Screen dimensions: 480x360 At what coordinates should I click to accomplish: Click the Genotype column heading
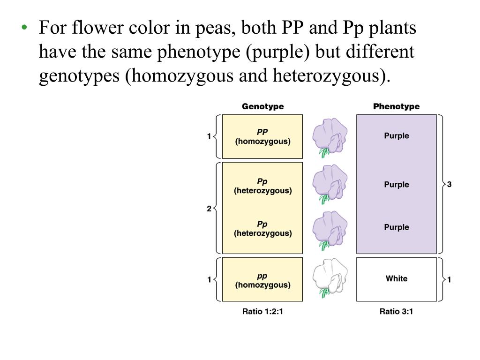click(262, 106)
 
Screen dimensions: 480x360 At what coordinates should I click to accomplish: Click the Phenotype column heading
click(396, 106)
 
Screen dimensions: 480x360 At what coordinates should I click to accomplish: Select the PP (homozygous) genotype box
click(262, 136)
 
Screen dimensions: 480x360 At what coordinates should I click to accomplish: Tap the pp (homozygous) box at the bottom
click(262, 280)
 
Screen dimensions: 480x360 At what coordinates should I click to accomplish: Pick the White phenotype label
click(397, 278)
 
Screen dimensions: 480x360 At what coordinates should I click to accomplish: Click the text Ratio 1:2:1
click(262, 311)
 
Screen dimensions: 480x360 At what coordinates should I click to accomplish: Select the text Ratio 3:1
click(396, 311)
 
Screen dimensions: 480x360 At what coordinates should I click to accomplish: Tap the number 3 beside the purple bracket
click(450, 185)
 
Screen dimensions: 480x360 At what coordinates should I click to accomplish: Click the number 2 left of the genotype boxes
click(209, 209)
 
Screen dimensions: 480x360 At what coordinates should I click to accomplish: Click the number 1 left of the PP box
click(209, 136)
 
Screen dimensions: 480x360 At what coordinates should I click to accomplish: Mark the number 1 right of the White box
click(450, 280)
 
